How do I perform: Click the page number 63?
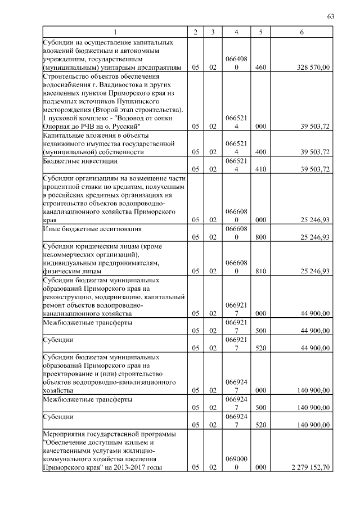330,16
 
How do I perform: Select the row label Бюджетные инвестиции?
80,161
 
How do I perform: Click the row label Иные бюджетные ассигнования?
90,229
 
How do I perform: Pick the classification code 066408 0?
236,63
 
